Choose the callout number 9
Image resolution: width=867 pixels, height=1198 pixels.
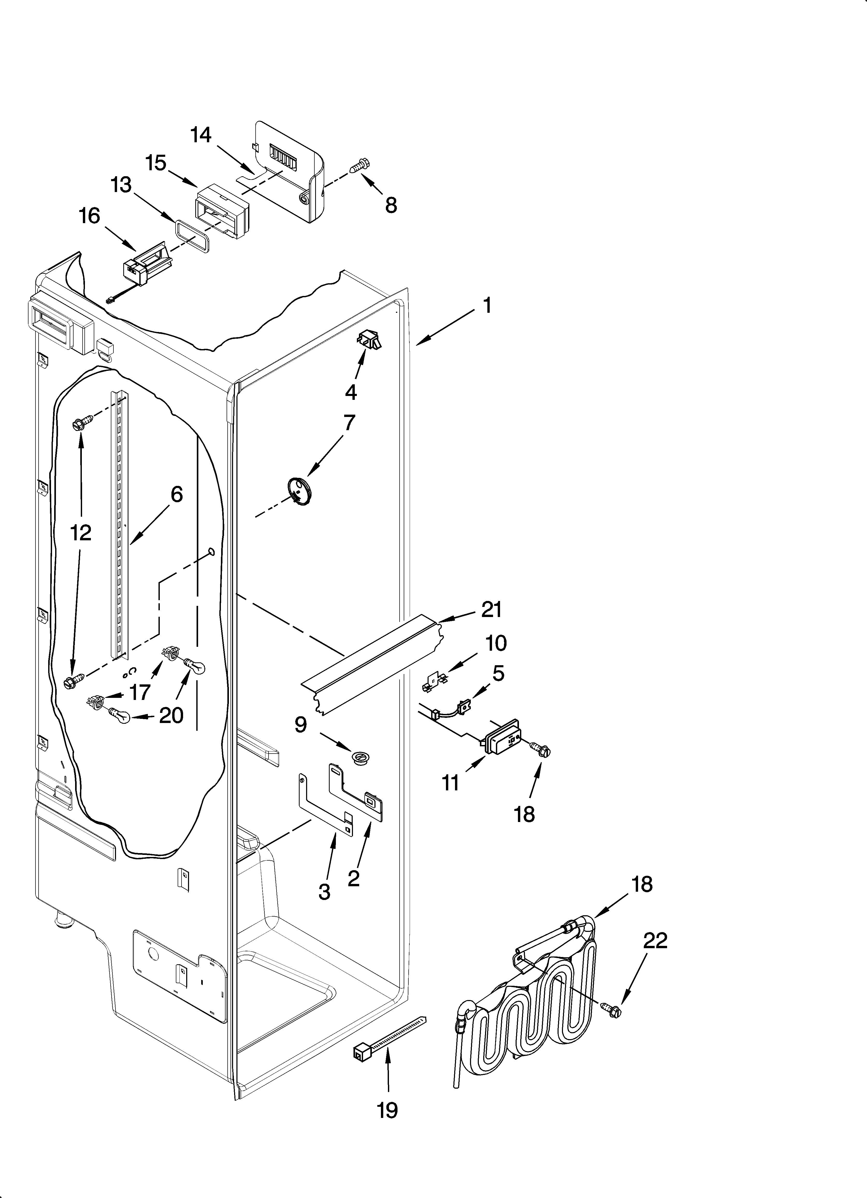(300, 725)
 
